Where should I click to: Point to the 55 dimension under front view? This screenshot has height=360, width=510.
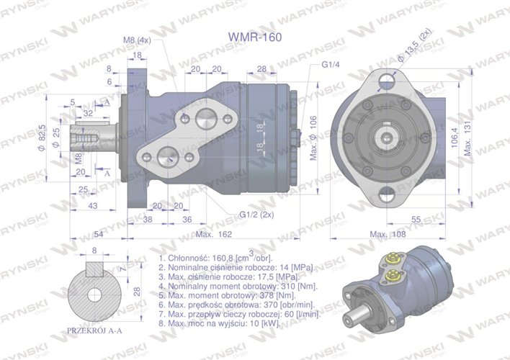pyautogui.click(x=416, y=218)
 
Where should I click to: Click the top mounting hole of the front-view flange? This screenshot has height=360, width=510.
pyautogui.click(x=389, y=77)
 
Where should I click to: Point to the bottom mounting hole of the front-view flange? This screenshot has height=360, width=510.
pyautogui.click(x=389, y=193)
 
